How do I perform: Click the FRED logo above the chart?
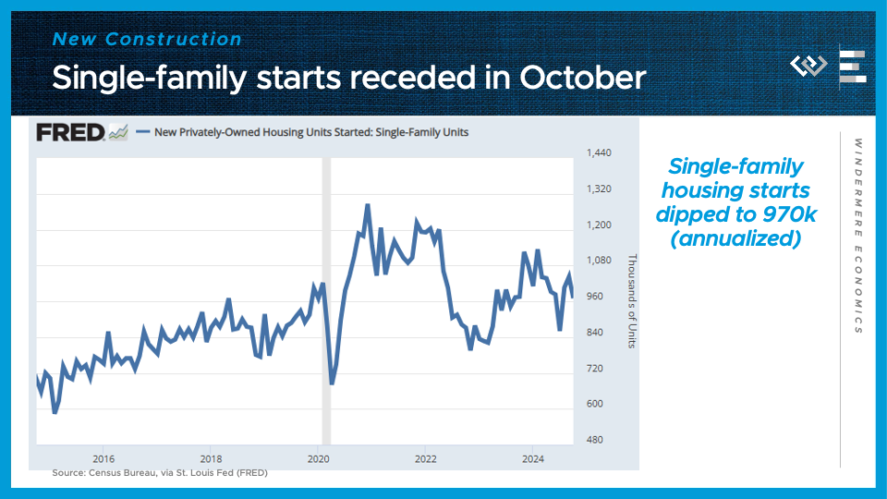[x=71, y=132]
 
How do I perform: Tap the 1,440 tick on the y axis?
[x=600, y=152]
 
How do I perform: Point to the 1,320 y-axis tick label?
[x=600, y=189]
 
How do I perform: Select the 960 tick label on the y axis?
[x=596, y=297]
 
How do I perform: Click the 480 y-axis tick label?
[x=596, y=440]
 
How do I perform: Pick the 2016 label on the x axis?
[x=103, y=458]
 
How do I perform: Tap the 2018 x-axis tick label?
[x=211, y=458]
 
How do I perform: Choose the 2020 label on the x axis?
[x=318, y=458]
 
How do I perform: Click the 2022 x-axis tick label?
[x=426, y=458]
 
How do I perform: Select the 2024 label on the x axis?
[x=533, y=458]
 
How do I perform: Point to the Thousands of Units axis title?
[x=633, y=301]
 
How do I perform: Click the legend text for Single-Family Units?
[x=311, y=132]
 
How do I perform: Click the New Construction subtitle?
[x=147, y=39]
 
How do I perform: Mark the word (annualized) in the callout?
[x=736, y=237]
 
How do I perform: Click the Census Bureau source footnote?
[x=160, y=473]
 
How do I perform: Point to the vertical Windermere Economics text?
[x=858, y=236]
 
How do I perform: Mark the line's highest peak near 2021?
[x=368, y=205]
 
